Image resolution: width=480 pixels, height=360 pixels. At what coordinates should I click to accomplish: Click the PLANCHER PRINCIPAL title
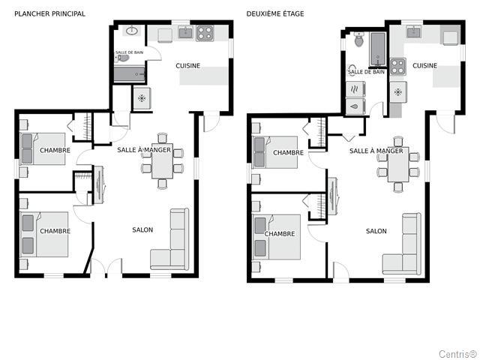point(50,13)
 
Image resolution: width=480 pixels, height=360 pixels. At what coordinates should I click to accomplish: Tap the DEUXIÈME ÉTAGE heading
point(275,13)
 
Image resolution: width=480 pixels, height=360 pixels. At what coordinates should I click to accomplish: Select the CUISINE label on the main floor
point(188,66)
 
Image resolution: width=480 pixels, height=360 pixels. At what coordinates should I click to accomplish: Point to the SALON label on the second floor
point(376,231)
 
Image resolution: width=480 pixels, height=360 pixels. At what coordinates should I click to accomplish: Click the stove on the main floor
point(205,33)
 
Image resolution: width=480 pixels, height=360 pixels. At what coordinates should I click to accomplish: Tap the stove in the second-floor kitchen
point(398,67)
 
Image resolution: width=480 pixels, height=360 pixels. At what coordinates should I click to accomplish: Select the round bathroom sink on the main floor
point(132,31)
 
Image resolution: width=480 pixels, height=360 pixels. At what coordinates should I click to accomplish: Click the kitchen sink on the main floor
point(185,32)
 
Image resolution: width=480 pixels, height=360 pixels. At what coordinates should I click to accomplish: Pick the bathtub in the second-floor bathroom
point(378,49)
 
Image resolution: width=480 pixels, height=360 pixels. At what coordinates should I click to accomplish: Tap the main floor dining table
point(162,161)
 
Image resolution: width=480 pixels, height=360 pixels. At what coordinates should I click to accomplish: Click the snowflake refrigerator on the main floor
point(142,98)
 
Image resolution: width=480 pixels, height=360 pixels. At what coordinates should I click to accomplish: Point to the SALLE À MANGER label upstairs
point(376,151)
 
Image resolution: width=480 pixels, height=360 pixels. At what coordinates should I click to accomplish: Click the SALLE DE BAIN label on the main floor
point(129,52)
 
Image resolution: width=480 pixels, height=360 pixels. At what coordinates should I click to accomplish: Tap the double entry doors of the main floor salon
point(106,266)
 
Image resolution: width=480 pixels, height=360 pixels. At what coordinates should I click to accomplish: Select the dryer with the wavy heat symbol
point(355,89)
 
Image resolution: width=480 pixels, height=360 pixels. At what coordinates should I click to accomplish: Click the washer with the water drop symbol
point(355,106)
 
